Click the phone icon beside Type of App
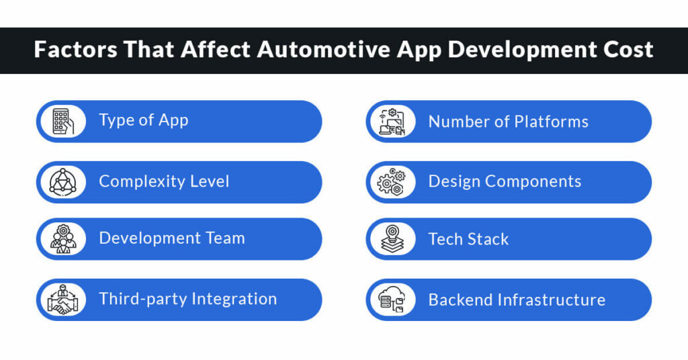62,122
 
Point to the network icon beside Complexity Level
62,182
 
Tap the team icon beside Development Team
62,239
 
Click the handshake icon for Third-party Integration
62,300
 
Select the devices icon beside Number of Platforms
392,122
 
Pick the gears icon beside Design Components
392,182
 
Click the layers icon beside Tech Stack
392,239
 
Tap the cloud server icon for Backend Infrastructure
392,300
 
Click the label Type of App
144,120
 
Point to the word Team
225,238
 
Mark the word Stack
486,239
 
